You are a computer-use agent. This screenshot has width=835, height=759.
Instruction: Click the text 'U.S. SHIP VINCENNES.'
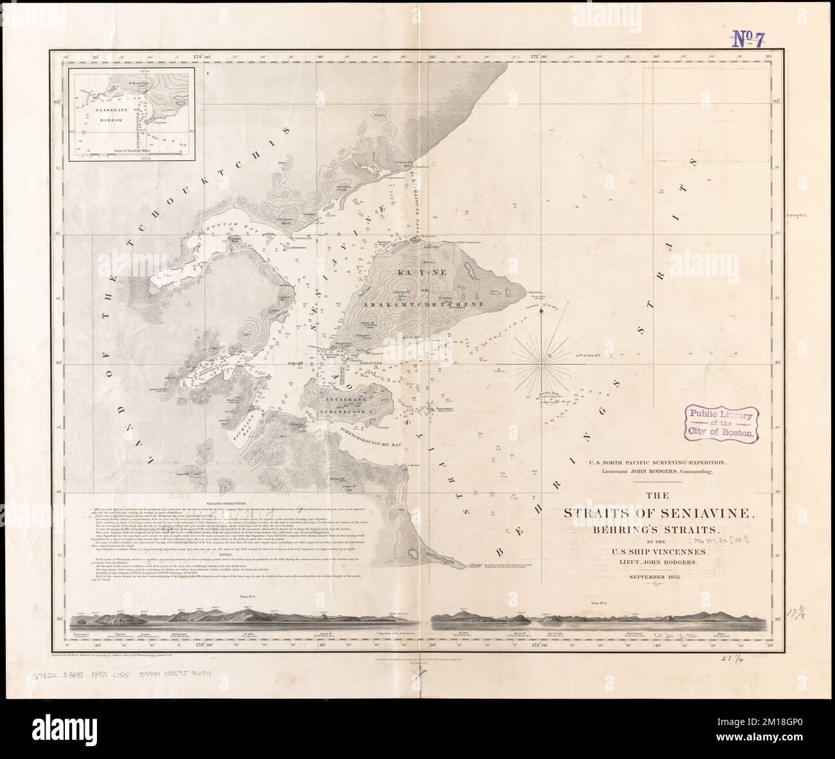coord(655,552)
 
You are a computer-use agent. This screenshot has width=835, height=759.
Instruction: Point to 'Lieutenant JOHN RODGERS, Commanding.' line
coord(655,472)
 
